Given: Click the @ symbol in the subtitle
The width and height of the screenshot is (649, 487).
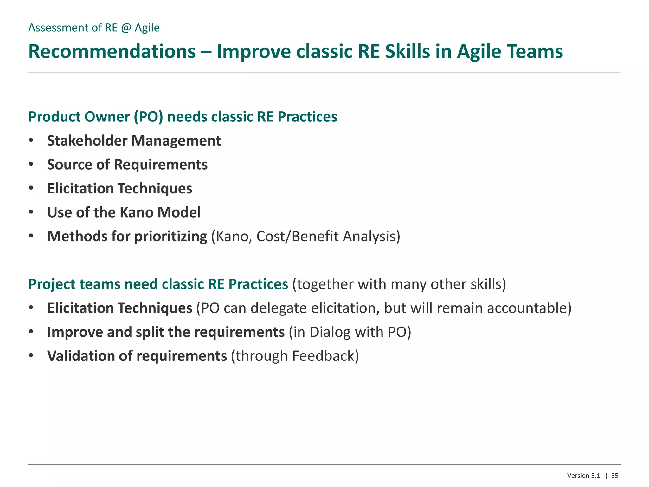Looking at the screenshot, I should click(126, 28).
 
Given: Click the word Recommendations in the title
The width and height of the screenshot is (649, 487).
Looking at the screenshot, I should click(112, 52).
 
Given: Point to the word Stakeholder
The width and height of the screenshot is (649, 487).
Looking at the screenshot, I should click(87, 141).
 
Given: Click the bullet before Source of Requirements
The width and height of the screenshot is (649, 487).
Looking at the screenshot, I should click(31, 164).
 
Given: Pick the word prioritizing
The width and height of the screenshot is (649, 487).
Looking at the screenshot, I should click(170, 237).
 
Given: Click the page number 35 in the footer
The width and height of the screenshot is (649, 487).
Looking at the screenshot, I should click(614, 476).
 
